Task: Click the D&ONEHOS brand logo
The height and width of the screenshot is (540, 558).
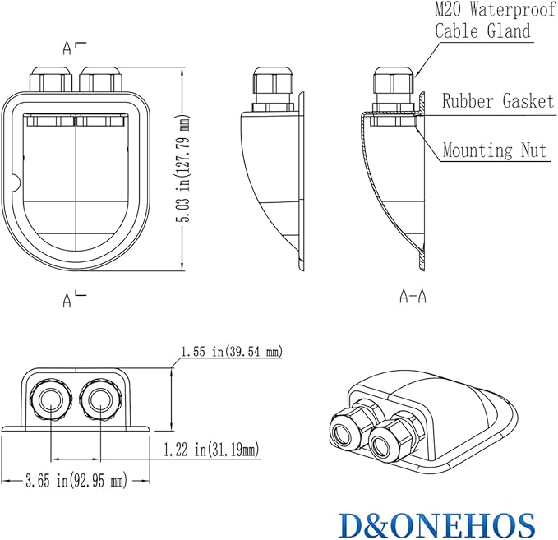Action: coord(436,525)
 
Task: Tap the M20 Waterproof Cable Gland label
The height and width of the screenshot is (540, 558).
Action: coord(495,20)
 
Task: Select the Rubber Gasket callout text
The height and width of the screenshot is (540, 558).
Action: coord(498,101)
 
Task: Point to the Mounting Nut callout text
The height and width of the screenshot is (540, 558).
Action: coord(495,150)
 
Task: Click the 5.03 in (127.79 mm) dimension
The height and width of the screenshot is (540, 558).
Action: coord(184,168)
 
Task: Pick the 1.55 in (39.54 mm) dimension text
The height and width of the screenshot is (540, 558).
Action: coord(232,351)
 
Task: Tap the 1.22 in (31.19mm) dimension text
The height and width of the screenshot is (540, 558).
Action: coord(211,450)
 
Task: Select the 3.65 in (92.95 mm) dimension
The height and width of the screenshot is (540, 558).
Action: coord(76,482)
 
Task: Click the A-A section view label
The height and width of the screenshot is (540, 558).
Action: coord(413,296)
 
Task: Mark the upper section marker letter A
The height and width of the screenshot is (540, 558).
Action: coord(67,48)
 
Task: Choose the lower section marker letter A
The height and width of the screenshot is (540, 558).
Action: coord(67,300)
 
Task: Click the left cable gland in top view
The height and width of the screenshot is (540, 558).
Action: coord(52,79)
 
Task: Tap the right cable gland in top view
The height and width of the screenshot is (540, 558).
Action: coord(101,79)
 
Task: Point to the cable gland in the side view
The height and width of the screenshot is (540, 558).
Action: coord(274,88)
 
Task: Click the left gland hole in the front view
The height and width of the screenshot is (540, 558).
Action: coord(51,400)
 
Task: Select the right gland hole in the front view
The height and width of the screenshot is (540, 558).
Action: coord(101,400)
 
